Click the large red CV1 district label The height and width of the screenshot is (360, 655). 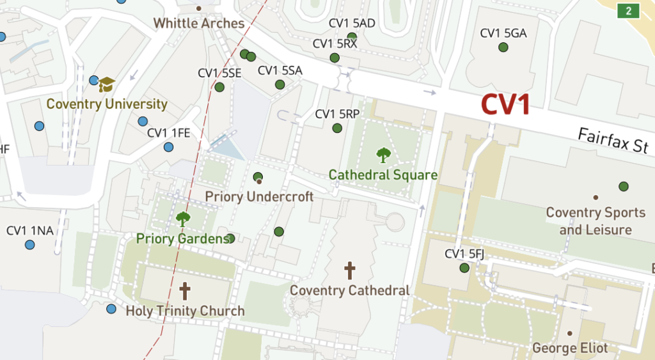505,105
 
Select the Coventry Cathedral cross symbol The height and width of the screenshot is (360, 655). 349,270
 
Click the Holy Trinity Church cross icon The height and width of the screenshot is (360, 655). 185,292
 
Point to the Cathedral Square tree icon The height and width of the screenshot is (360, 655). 383,155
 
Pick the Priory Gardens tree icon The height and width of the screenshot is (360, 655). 183,219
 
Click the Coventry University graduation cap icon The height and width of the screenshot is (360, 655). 106,84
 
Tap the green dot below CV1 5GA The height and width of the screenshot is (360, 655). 503,47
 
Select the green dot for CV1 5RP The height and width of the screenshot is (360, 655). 337,129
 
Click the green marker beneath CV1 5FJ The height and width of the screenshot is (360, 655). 464,268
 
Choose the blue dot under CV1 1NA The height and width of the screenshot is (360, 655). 29,244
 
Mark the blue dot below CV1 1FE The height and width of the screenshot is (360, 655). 168,147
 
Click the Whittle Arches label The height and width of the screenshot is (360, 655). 199,24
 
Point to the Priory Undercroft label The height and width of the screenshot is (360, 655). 259,196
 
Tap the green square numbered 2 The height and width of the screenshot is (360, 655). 629,10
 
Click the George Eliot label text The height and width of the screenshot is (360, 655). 570,348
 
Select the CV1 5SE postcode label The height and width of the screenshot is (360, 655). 219,73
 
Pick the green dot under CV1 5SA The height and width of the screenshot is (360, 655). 280,84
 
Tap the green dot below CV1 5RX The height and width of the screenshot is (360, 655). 334,58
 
